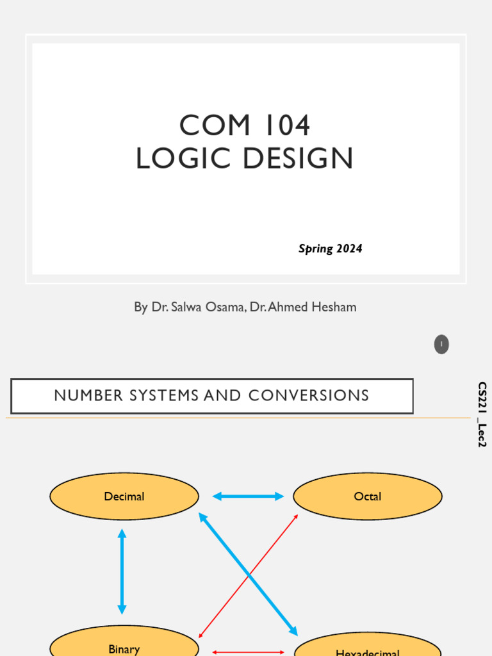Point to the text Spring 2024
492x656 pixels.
point(330,249)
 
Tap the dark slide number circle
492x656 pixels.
point(441,345)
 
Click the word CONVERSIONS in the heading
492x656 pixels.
point(309,395)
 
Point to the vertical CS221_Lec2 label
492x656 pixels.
point(482,414)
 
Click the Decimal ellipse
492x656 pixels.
point(124,496)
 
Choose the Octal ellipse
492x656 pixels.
point(368,496)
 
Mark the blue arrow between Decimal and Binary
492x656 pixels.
point(122,571)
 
